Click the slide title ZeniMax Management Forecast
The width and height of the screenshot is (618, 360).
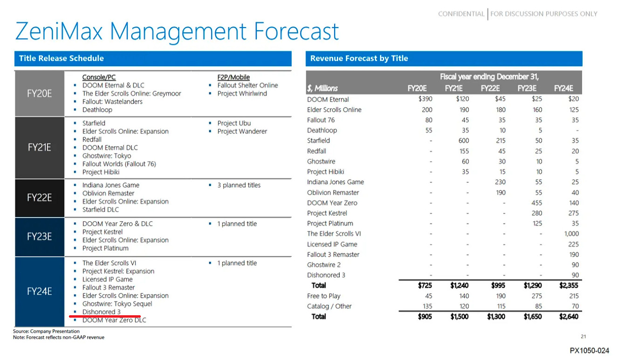tap(177, 32)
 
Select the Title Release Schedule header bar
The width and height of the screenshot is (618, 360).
tap(153, 59)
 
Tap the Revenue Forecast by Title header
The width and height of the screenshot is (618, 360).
tap(444, 59)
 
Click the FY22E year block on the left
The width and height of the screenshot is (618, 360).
tap(39, 197)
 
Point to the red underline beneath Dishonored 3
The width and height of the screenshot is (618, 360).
tap(104, 316)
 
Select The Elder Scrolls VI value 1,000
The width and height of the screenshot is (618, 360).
tap(571, 234)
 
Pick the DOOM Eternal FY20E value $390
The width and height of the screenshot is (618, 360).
tap(426, 99)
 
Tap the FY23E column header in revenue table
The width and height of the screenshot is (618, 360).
tap(527, 88)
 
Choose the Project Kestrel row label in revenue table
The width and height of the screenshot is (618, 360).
tap(327, 213)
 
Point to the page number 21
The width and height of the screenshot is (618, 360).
tap(584, 336)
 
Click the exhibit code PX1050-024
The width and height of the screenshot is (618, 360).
tap(589, 350)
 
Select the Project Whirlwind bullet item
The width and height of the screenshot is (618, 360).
tap(242, 94)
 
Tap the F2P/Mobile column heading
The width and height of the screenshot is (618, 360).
tap(233, 77)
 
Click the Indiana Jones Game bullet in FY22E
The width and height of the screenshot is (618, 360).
tap(111, 185)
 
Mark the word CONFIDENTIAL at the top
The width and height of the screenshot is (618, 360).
tap(461, 14)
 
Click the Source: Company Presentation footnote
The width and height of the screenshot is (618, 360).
tap(46, 331)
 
